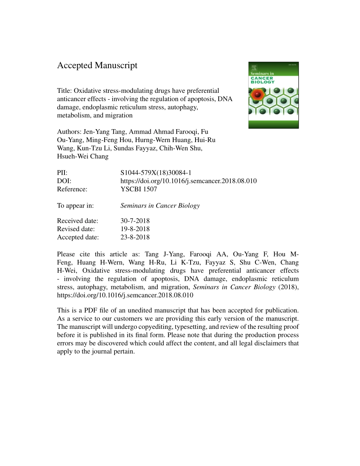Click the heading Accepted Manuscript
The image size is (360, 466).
[x=97, y=66]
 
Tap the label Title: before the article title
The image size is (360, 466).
[x=64, y=91]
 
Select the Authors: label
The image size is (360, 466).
[x=69, y=132]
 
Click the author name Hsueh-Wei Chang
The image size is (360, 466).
[x=83, y=156]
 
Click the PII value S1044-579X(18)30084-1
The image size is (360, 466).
[x=158, y=173]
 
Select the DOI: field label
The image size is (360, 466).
[x=64, y=181]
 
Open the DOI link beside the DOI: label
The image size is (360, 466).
[x=188, y=181]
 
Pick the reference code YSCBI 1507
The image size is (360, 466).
[x=138, y=189]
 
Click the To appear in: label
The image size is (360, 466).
[x=75, y=206]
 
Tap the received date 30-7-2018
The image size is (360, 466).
[x=135, y=221]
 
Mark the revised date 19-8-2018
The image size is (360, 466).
[x=135, y=229]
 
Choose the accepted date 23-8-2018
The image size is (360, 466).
[x=135, y=237]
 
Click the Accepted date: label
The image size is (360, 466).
[x=78, y=237]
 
